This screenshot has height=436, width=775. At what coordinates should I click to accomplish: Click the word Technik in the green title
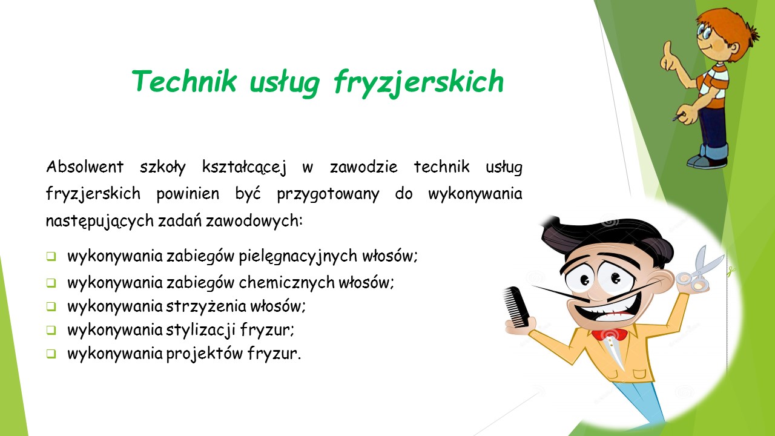185,81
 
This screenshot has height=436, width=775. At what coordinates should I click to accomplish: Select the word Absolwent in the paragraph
85,167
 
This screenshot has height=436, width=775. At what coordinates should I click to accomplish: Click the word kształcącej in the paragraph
244,168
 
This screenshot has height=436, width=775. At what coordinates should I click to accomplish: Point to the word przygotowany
328,194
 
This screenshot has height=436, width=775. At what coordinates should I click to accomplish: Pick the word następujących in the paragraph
100,221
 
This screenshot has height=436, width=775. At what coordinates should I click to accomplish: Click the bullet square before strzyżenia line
51,306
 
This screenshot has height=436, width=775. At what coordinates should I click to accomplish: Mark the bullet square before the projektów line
51,354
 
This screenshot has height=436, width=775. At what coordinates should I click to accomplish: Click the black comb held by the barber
516,306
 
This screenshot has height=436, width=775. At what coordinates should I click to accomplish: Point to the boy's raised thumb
667,49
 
